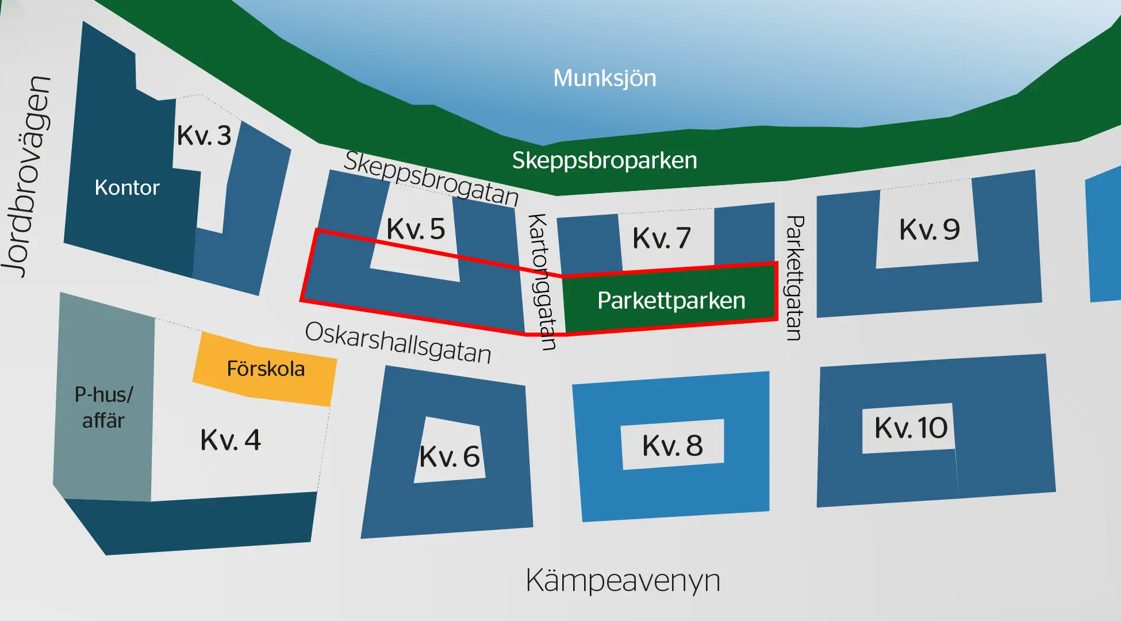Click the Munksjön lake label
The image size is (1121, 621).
[x=604, y=78]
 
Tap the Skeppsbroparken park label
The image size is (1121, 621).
[x=604, y=160]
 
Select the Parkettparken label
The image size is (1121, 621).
[x=671, y=301]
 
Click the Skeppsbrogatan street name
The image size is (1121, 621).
[x=431, y=178]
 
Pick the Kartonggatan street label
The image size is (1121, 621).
[x=542, y=282]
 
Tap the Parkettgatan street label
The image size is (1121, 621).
[x=794, y=278]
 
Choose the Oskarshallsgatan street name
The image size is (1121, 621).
[x=398, y=343]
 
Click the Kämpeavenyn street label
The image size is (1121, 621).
[x=623, y=581]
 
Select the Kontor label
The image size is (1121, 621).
[x=127, y=188]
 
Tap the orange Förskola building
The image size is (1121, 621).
[x=265, y=369]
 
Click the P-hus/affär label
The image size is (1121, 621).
[x=103, y=408]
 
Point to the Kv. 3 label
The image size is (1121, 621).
[x=204, y=136]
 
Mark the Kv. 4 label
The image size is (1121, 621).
[x=231, y=440]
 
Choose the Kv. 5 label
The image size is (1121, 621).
[x=416, y=229]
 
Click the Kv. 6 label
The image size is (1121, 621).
[x=450, y=457]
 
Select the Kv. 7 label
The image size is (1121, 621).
[x=662, y=238]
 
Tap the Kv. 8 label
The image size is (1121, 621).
[x=673, y=446]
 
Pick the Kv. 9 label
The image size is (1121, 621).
[x=930, y=229]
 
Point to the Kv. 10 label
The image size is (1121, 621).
[x=911, y=428]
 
